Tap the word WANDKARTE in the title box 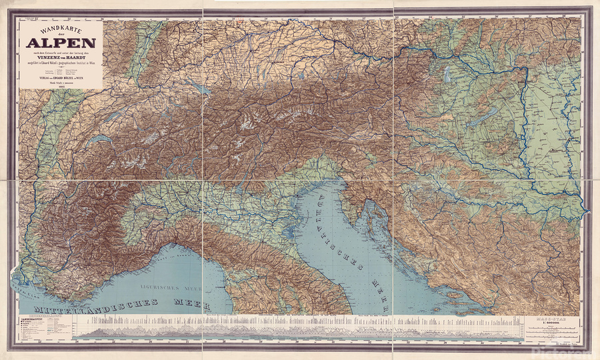pyautogui.click(x=61, y=29)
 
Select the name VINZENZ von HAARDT pyautogui.click(x=61, y=58)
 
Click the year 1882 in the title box pyautogui.click(x=61, y=86)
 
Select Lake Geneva pyautogui.click(x=99, y=141)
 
